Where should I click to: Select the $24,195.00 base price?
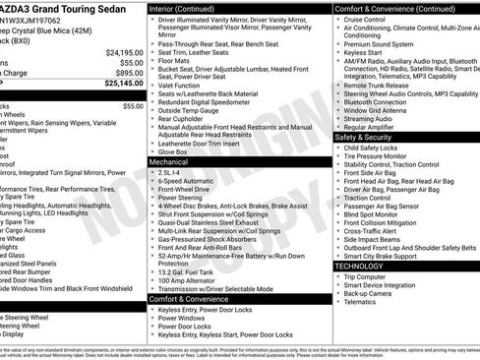point(124,51)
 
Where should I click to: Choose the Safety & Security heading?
point(370,137)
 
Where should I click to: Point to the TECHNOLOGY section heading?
point(359,266)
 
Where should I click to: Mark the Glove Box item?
point(174,151)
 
